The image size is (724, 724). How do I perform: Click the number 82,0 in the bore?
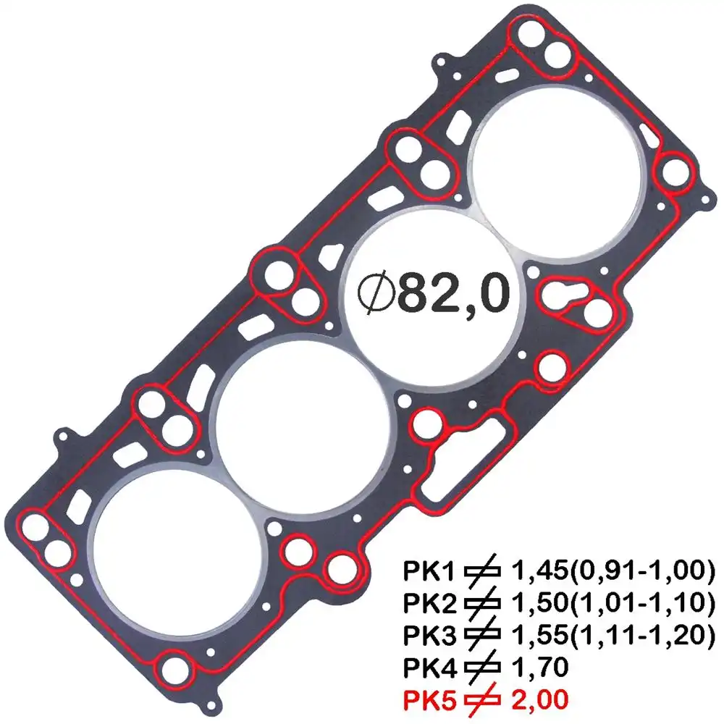454,292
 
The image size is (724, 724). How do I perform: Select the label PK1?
429,571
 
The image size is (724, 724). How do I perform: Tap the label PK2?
429,603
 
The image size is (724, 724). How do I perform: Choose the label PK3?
429,636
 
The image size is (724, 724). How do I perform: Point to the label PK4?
429,668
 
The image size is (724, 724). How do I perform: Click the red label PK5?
429,700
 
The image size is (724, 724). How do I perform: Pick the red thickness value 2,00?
540,700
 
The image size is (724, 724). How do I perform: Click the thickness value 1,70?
540,668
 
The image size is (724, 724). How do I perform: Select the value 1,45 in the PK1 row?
540,571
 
